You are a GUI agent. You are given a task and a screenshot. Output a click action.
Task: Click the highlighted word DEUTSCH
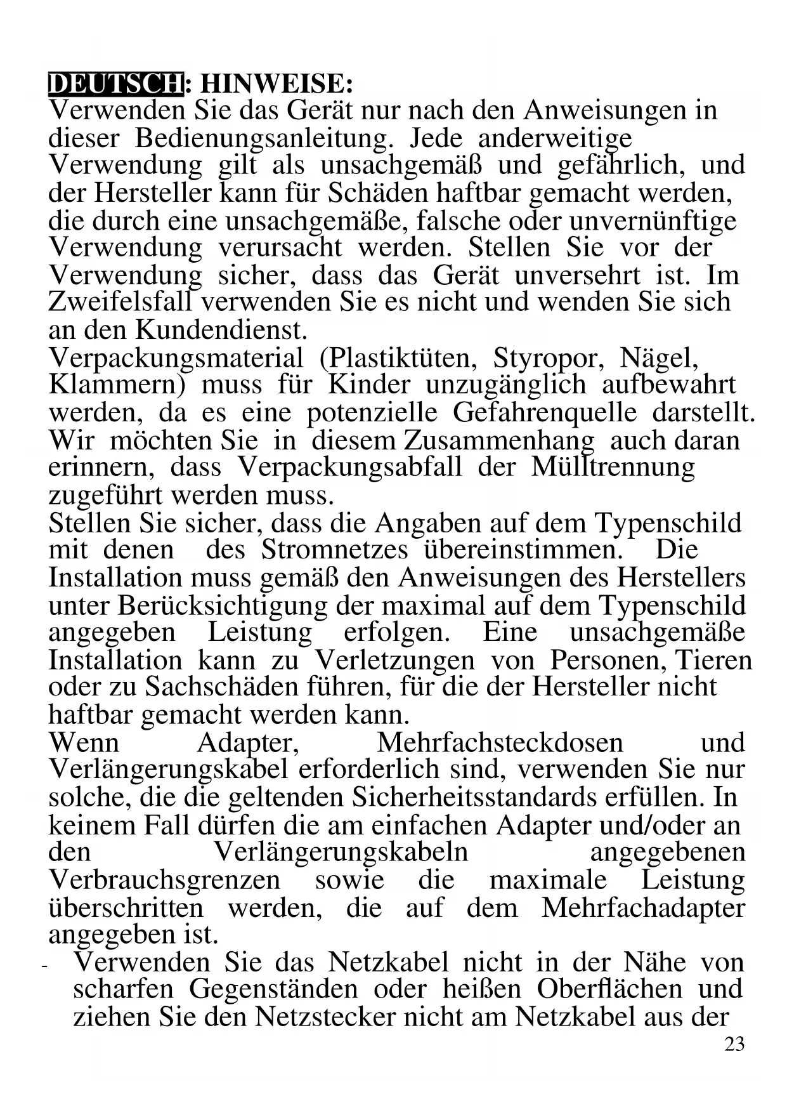coord(115,84)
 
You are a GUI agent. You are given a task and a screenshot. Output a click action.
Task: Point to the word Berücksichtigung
coord(223,605)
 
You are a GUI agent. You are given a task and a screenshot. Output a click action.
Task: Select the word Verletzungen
coord(394,661)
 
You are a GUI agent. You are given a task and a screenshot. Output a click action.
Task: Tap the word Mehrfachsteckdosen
coord(500,742)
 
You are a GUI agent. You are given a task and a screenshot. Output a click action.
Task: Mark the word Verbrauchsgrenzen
coord(164,880)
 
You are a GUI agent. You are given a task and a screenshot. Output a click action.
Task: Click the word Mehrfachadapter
coord(643,908)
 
